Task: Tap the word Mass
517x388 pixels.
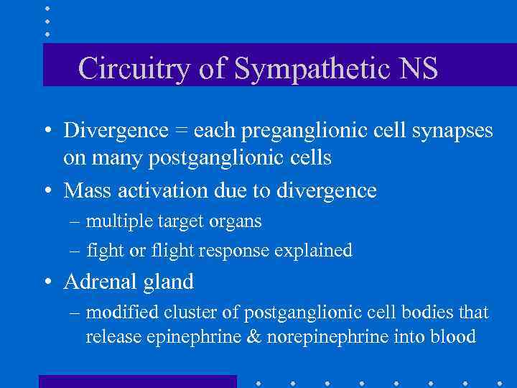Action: pos(88,190)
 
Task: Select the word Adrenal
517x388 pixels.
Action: pos(96,282)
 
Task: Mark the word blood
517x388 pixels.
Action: pos(452,336)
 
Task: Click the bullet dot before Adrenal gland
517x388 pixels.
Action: pos(47,282)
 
